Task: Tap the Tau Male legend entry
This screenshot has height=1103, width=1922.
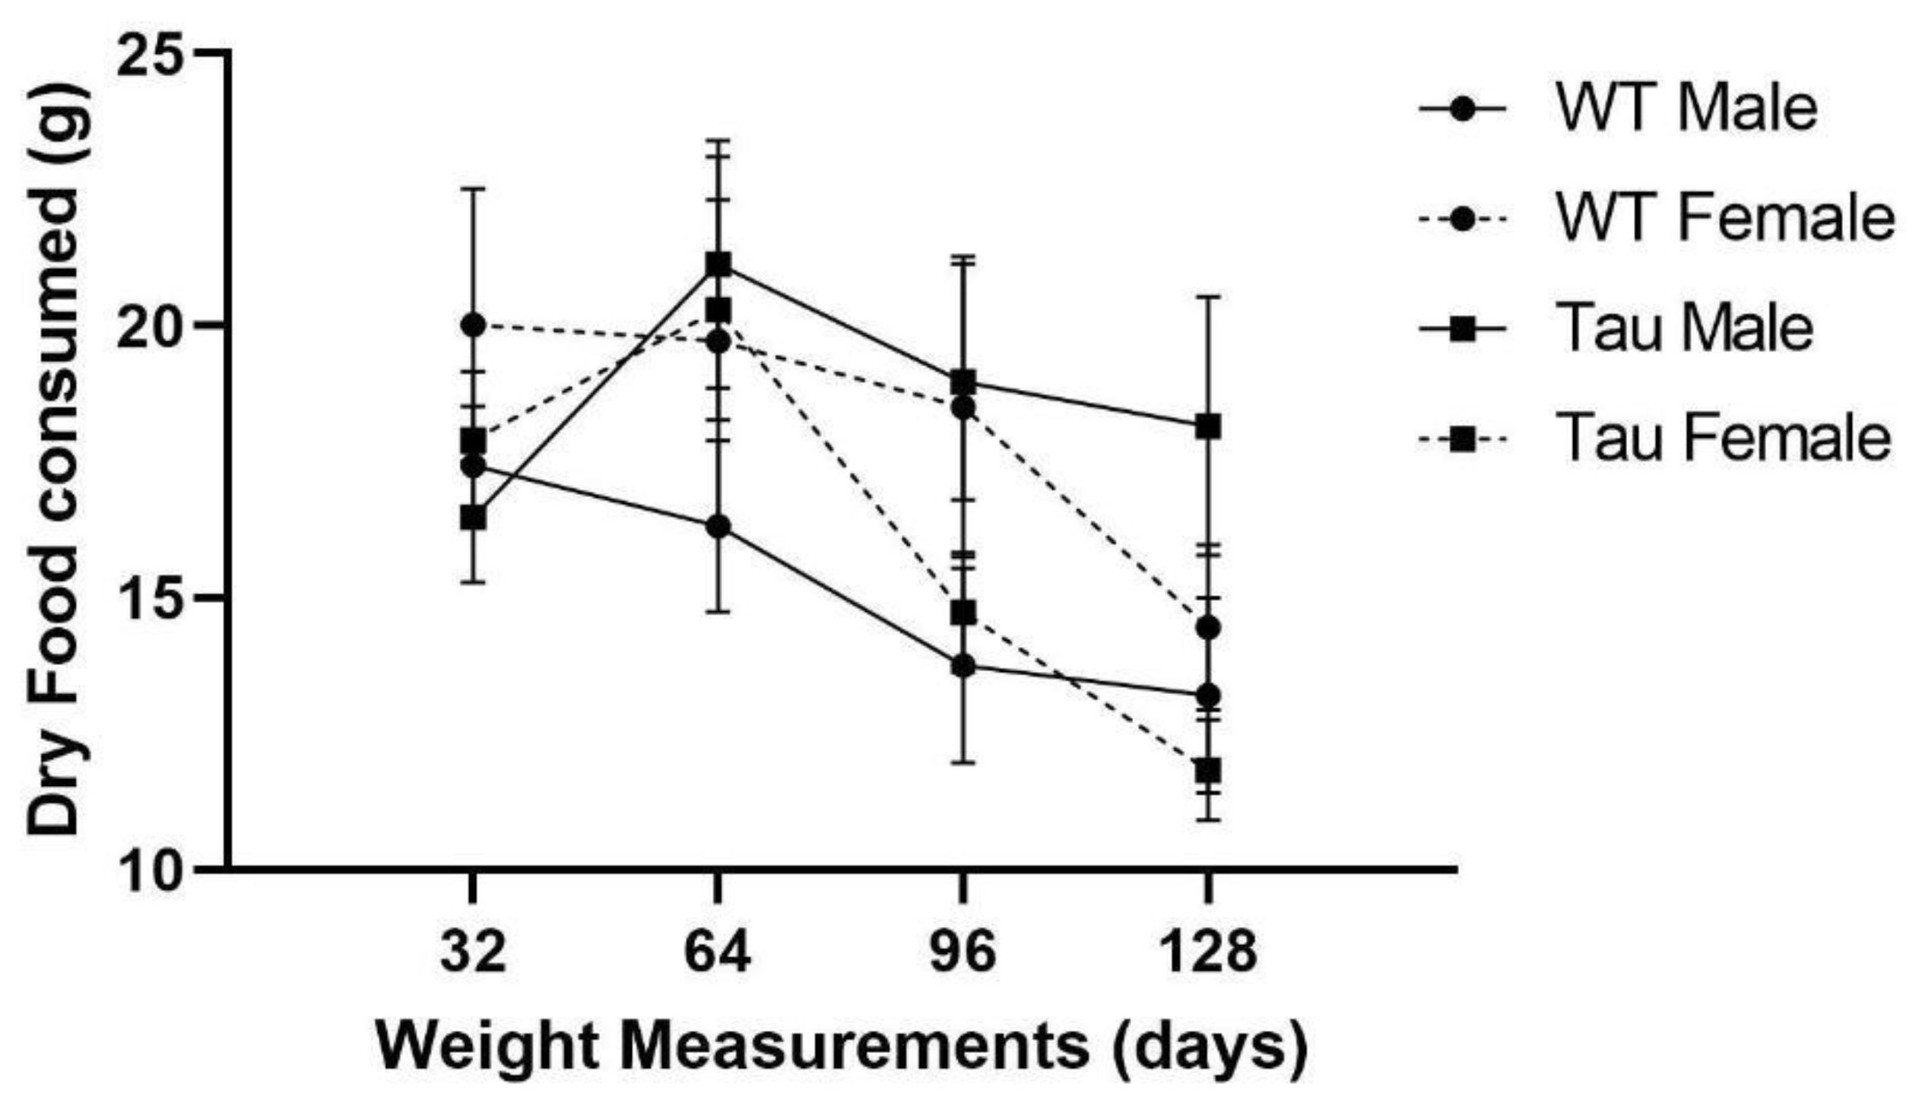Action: click(1684, 329)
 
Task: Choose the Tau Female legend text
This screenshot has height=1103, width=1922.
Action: click(1722, 439)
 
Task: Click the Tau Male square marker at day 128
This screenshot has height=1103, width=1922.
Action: click(1208, 426)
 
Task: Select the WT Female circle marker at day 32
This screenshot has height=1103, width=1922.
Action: click(473, 325)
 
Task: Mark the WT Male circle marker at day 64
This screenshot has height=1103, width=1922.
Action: click(718, 527)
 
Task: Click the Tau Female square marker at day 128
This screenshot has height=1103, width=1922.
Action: click(1208, 770)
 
